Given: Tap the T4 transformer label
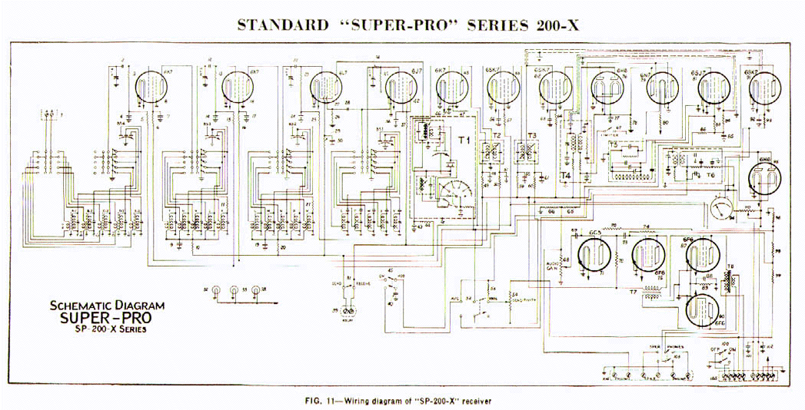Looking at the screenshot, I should pos(566,176).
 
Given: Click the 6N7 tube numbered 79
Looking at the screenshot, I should pos(660,90).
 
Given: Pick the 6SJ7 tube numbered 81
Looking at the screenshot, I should pos(710,90).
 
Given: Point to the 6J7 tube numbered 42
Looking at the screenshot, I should pos(400,90).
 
